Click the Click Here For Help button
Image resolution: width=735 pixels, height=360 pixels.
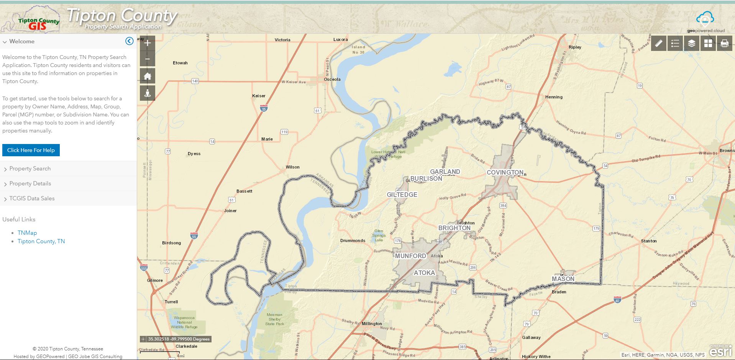[x=31, y=150]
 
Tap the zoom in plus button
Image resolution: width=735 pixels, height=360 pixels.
[x=148, y=43]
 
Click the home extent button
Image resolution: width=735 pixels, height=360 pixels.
[x=148, y=76]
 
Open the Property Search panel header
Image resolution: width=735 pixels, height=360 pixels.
[x=30, y=169]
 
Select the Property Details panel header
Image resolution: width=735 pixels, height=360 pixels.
[x=30, y=183]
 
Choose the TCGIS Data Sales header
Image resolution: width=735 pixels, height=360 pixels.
[x=32, y=198]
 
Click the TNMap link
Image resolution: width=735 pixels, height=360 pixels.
[x=27, y=233]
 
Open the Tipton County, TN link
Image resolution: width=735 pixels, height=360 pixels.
[x=41, y=241]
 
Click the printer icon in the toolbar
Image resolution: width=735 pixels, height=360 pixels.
[x=724, y=44]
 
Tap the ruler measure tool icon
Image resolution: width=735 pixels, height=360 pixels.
[x=658, y=44]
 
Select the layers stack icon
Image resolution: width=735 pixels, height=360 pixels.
[x=691, y=44]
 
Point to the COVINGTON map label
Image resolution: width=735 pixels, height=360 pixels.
[x=505, y=173]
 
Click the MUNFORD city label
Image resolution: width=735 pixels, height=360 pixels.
[x=410, y=256]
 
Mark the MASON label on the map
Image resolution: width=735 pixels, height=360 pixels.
[x=563, y=279]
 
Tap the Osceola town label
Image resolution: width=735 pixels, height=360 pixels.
[x=332, y=79]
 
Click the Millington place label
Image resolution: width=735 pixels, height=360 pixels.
[x=372, y=324]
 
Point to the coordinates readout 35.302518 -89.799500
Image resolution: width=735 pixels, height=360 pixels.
[x=179, y=339]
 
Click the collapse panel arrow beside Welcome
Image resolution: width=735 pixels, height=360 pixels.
[x=130, y=41]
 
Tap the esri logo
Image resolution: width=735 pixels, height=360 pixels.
[x=720, y=351]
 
